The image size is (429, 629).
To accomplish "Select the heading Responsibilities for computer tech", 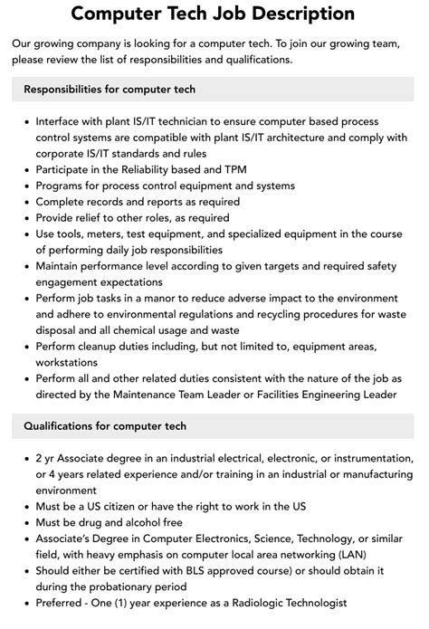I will (110, 90).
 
